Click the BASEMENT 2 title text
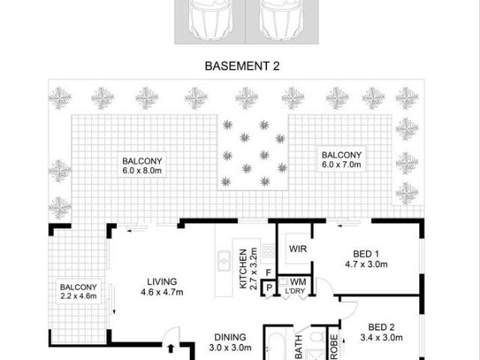click(x=242, y=66)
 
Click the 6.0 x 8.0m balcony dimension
click(x=142, y=170)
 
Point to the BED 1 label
click(x=365, y=253)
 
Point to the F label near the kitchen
click(x=268, y=274)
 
